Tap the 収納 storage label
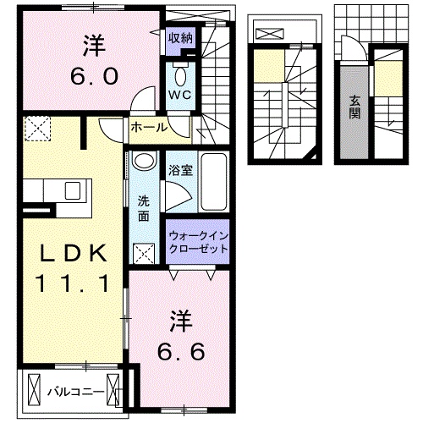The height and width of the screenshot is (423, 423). (179, 37)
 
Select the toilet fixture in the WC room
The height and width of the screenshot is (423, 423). (179, 70)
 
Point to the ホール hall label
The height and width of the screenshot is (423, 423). (148, 128)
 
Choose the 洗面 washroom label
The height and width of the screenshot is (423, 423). (144, 208)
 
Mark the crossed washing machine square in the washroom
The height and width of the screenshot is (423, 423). (144, 252)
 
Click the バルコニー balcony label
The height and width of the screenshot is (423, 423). (76, 392)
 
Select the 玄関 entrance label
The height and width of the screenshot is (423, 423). (354, 107)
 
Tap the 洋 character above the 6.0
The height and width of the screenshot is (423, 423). (91, 43)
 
